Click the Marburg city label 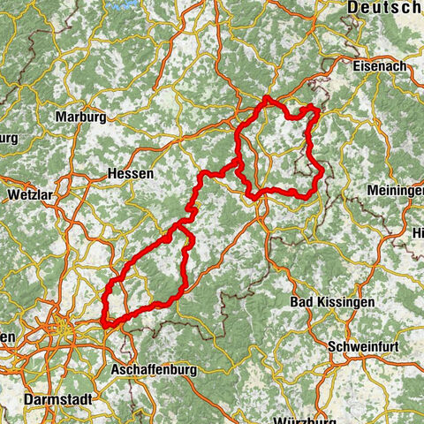80,117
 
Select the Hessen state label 129,173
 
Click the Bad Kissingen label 332,302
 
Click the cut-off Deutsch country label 384,7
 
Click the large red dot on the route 167,238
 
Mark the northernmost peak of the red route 266,98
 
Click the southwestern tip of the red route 104,324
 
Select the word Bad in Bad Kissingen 302,302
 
